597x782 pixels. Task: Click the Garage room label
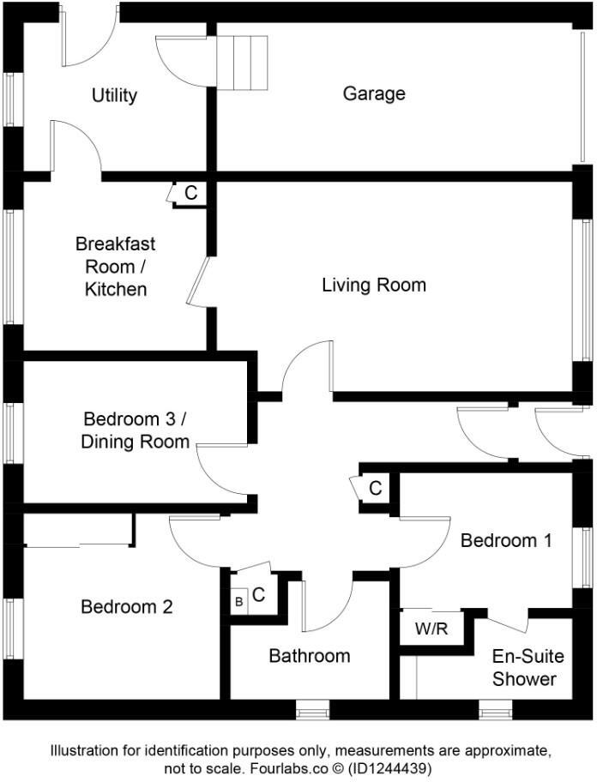[374, 93]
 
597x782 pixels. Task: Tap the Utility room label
[114, 95]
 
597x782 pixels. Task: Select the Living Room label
[374, 285]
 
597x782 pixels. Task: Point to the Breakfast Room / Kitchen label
[115, 266]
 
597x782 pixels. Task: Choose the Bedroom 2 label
[127, 607]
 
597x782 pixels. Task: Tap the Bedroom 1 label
[506, 541]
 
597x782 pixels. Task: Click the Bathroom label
[310, 656]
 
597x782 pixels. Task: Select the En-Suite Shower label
[528, 668]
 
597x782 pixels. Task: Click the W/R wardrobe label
[431, 629]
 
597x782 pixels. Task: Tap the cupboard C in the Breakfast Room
[190, 194]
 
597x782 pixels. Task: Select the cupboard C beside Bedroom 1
[375, 489]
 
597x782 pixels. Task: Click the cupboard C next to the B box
[259, 593]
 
